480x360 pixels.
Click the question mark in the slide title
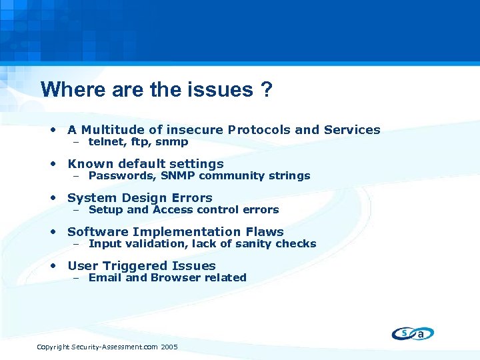pyautogui.click(x=266, y=90)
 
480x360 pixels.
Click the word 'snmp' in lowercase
pyautogui.click(x=172, y=142)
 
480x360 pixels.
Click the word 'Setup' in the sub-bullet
pyautogui.click(x=105, y=210)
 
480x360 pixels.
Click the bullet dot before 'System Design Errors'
pyautogui.click(x=53, y=198)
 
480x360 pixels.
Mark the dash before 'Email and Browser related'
pyautogui.click(x=77, y=278)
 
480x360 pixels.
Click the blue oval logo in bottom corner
pyautogui.click(x=413, y=334)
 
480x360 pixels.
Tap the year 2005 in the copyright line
pyautogui.click(x=169, y=347)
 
